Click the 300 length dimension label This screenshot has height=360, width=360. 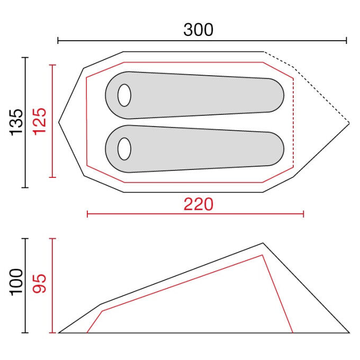[x=199, y=30]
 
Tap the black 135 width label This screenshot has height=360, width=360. [x=16, y=122]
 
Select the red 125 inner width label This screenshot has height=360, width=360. [x=40, y=121]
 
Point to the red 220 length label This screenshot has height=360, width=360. [x=199, y=204]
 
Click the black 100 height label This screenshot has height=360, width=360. [x=16, y=282]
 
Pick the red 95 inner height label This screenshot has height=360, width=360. [x=40, y=284]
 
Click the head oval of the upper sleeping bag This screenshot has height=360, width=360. [x=124, y=95]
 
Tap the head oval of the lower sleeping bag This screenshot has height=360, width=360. [x=124, y=149]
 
